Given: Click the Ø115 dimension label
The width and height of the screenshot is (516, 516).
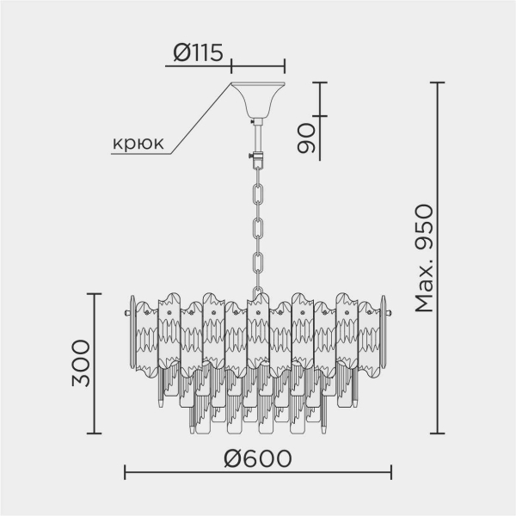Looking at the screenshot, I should coord(199,52).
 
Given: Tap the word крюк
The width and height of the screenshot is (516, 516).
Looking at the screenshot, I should coord(138,144).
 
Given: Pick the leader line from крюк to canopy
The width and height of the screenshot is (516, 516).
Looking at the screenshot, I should coord(200,120).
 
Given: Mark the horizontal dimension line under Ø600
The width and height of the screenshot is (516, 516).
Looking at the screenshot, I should coord(258,472).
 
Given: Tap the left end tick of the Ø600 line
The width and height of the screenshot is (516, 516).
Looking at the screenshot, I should coord(126,472).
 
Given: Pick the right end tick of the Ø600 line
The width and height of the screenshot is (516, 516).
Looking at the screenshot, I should coord(392,472).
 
